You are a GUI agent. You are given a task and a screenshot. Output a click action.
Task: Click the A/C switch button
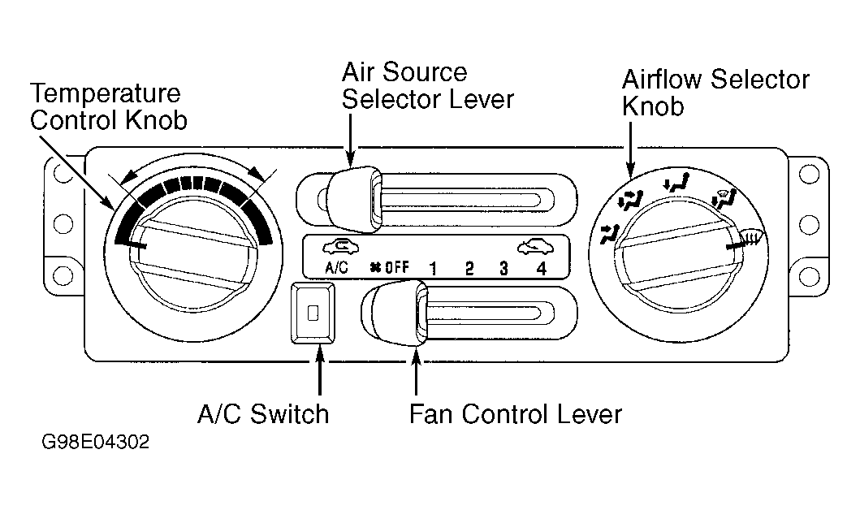(313, 313)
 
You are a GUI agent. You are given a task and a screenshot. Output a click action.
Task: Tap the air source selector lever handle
(354, 198)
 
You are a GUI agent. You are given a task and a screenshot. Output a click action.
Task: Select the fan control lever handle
(395, 313)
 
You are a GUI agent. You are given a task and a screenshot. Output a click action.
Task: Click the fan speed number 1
(434, 268)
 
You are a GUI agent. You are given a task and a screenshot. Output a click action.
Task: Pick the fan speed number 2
(469, 268)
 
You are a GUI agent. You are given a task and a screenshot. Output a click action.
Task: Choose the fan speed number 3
(503, 268)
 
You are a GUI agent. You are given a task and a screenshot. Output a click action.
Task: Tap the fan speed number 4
(542, 268)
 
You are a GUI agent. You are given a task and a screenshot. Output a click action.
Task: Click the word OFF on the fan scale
(396, 268)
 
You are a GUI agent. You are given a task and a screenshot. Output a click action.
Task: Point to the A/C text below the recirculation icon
(336, 268)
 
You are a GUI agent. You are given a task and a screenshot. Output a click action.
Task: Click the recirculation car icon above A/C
(340, 248)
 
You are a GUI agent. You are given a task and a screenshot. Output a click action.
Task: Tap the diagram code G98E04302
(96, 442)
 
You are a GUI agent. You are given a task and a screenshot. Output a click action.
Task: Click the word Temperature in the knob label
(106, 93)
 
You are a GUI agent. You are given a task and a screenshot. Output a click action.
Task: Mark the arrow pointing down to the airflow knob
(631, 149)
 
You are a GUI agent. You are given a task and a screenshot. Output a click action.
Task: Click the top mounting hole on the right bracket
(809, 175)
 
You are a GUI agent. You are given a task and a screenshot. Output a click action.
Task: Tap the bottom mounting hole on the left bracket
(63, 274)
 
